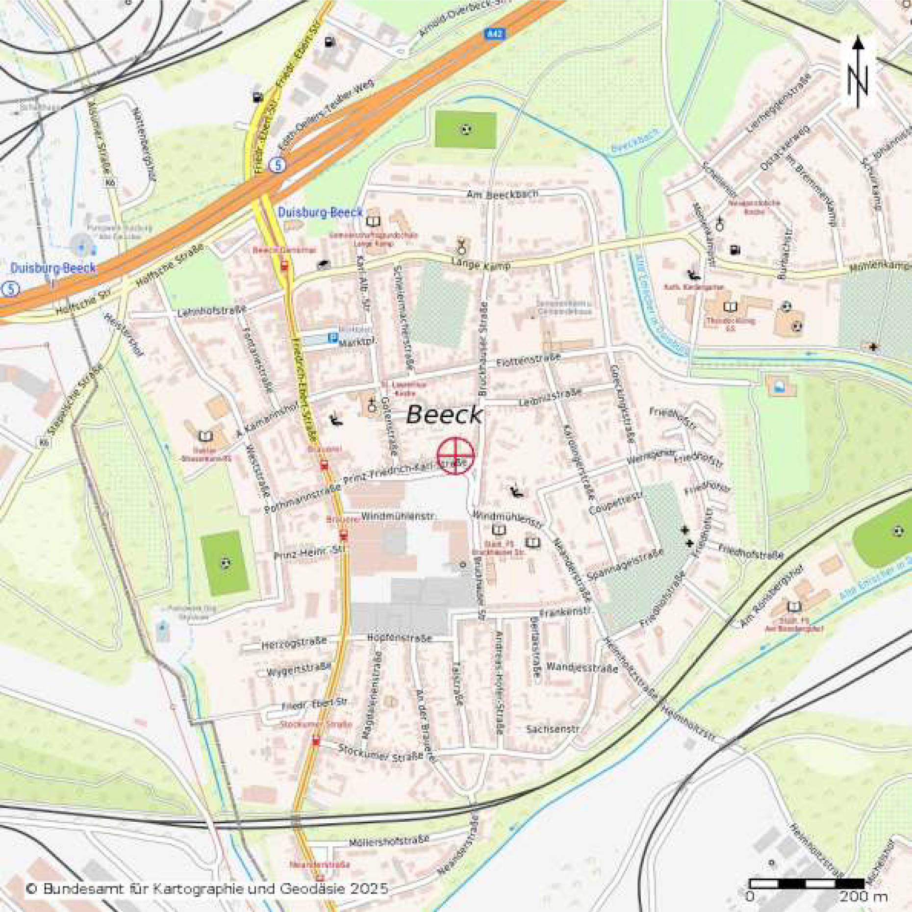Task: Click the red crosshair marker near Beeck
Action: [456, 456]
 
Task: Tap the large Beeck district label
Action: [444, 415]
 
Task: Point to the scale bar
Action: [807, 883]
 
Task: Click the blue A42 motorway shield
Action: [494, 33]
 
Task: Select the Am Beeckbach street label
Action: [502, 194]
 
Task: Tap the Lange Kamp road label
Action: [481, 264]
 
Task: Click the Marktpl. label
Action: [356, 342]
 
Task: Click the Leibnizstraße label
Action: [550, 397]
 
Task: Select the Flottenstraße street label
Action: [528, 360]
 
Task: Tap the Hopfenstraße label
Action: [399, 638]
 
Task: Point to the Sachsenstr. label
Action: [553, 729]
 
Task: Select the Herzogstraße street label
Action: [294, 643]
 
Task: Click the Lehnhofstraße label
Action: [211, 311]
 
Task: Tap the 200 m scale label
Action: [863, 896]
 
